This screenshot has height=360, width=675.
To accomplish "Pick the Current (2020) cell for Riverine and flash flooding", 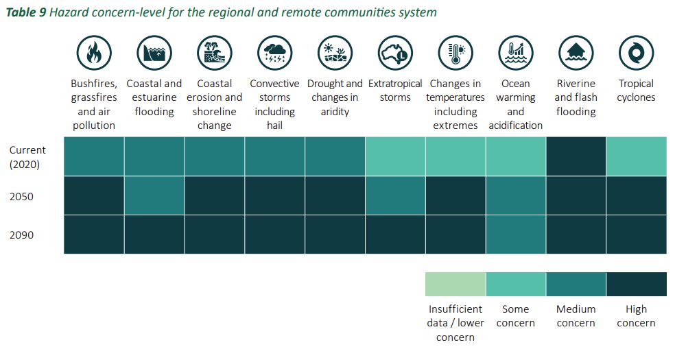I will click(x=576, y=156).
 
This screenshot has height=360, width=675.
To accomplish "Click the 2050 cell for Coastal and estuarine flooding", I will click(x=154, y=195).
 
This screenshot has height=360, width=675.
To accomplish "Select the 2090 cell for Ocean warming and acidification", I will click(x=515, y=235).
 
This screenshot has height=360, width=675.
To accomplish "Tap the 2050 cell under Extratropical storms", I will click(x=395, y=195).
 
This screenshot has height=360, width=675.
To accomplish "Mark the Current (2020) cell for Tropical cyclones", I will click(x=636, y=156).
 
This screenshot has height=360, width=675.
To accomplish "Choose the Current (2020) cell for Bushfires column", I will click(x=94, y=156).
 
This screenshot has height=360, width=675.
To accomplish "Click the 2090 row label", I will click(x=22, y=235).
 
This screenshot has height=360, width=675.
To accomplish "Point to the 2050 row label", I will click(x=22, y=196).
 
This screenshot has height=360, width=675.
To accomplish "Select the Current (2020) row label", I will click(x=28, y=156).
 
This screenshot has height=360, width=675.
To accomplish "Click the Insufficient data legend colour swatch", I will click(x=455, y=284).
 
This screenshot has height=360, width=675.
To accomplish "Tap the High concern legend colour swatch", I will click(x=636, y=284).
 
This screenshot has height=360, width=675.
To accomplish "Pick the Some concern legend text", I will click(x=515, y=316).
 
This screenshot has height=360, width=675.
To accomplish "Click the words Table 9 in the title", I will click(x=25, y=13).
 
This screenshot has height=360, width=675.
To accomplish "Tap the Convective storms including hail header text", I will click(x=274, y=104).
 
